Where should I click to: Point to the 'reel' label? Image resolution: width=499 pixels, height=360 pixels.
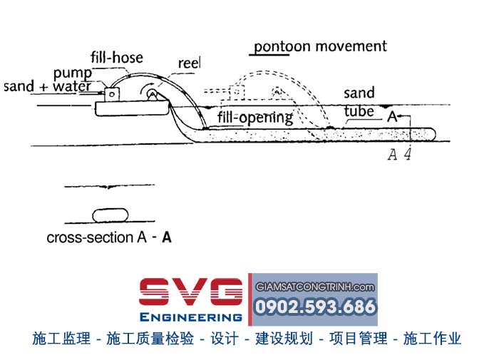click(x=189, y=63)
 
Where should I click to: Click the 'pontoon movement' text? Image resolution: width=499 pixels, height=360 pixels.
click(x=321, y=46)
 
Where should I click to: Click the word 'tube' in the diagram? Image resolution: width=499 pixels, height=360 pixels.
click(x=358, y=112)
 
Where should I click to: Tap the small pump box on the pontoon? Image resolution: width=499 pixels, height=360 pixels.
click(x=113, y=93)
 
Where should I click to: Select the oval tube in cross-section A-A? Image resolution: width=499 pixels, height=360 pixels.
click(x=109, y=215)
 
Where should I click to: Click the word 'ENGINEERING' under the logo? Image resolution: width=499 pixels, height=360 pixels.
click(x=191, y=317)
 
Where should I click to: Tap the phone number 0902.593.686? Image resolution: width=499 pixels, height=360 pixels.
click(x=314, y=307)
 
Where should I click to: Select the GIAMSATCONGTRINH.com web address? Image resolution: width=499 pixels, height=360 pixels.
click(x=314, y=287)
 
